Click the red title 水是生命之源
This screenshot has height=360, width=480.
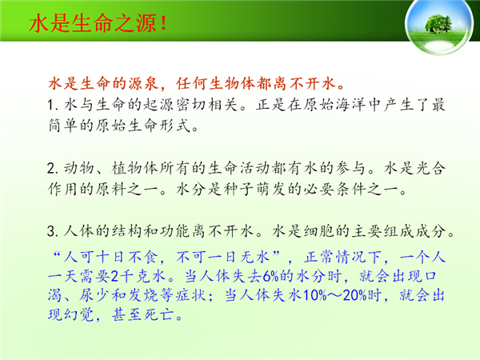(x=93, y=23)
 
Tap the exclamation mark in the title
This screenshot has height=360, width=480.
(x=163, y=23)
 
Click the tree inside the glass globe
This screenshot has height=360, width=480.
(x=438, y=23)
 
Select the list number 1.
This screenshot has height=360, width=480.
(x=52, y=106)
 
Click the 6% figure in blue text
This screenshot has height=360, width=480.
(x=270, y=277)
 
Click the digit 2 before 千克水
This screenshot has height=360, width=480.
(x=114, y=277)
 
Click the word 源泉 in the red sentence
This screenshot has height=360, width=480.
(x=143, y=83)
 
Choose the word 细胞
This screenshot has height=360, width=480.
(x=319, y=231)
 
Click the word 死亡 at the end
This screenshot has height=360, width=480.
(x=159, y=314)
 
